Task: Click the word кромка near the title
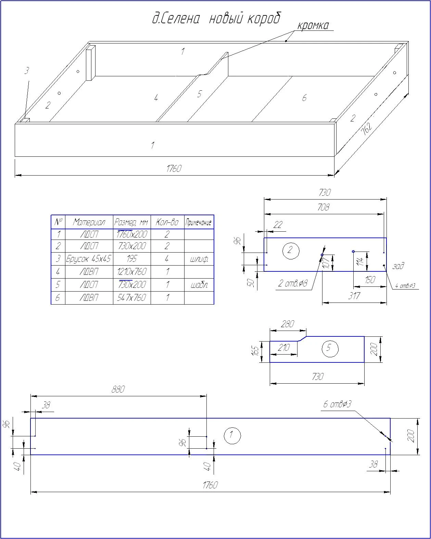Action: [313, 26]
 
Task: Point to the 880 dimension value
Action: [118, 389]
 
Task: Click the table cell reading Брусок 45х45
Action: [88, 258]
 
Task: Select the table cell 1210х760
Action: [132, 272]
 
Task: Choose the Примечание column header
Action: [199, 222]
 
